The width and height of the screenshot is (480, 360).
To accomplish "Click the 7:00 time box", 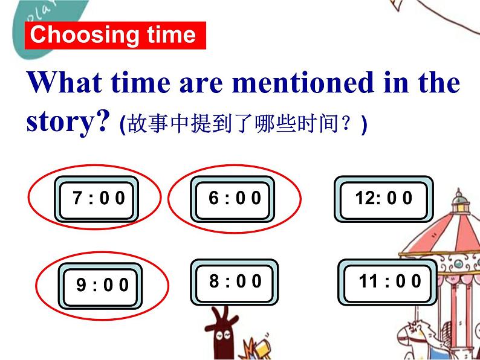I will (97, 199).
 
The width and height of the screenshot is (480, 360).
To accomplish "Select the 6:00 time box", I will (233, 199).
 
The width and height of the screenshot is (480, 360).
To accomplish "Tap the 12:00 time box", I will (383, 199).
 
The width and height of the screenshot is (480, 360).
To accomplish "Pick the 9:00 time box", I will (102, 284).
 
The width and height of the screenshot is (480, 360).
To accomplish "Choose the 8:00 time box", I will (235, 281).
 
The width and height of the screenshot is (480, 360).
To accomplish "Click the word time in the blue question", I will (140, 82).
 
